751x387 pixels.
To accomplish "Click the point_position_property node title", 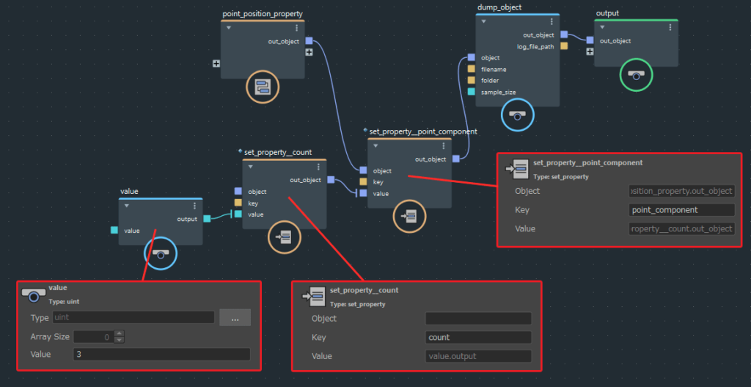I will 262,14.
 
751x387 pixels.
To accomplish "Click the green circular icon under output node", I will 636,75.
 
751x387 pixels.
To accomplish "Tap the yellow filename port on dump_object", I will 472,69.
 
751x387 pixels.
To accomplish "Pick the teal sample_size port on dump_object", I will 472,92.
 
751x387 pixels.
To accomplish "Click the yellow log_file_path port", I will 564,46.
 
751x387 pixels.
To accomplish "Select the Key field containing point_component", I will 681,210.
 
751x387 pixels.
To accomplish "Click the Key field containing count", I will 477,338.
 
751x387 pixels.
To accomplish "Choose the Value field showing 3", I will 161,355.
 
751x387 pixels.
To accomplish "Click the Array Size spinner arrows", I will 120,337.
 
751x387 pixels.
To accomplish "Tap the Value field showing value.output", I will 477,356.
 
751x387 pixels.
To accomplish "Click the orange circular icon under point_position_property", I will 262,88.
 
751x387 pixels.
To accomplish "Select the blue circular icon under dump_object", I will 518,115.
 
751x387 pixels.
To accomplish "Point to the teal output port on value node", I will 207,219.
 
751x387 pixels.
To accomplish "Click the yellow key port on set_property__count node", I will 238,203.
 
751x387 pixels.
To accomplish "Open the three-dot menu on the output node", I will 670,28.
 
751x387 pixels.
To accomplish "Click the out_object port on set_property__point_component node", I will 455,159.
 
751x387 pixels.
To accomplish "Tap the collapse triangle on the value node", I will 126,206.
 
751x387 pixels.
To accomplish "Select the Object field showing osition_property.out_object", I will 681,191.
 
